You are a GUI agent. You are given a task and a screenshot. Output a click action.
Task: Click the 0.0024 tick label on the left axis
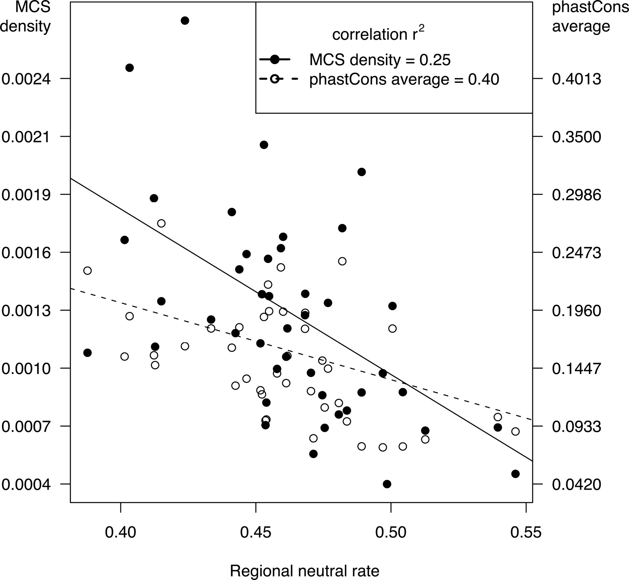26,79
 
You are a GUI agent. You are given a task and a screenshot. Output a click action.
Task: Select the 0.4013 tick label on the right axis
577,79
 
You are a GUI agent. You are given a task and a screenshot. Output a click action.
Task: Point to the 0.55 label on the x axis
526,532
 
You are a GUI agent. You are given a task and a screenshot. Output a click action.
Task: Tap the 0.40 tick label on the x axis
121,532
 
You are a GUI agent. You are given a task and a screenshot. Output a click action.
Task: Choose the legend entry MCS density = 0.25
380,60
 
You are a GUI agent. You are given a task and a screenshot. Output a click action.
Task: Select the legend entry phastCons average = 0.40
404,80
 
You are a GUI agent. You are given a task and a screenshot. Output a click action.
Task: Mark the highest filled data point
185,21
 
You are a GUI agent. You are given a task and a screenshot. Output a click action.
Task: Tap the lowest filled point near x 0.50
387,484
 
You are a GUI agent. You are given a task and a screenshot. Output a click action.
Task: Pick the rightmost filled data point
515,474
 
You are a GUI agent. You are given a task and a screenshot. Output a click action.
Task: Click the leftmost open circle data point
87,271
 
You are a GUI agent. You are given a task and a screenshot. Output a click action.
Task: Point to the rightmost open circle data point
515,432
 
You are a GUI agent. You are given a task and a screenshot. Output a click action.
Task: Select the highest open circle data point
161,223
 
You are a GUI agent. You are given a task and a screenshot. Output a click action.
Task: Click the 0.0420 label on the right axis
577,485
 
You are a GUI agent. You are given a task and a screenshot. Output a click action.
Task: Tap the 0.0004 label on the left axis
26,485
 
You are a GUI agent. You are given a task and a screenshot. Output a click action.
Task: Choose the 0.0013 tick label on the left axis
26,311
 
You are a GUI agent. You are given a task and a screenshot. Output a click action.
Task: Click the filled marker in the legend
275,60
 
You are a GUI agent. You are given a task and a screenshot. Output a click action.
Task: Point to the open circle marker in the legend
275,79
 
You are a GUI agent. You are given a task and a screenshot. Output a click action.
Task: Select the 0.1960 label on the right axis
577,311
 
